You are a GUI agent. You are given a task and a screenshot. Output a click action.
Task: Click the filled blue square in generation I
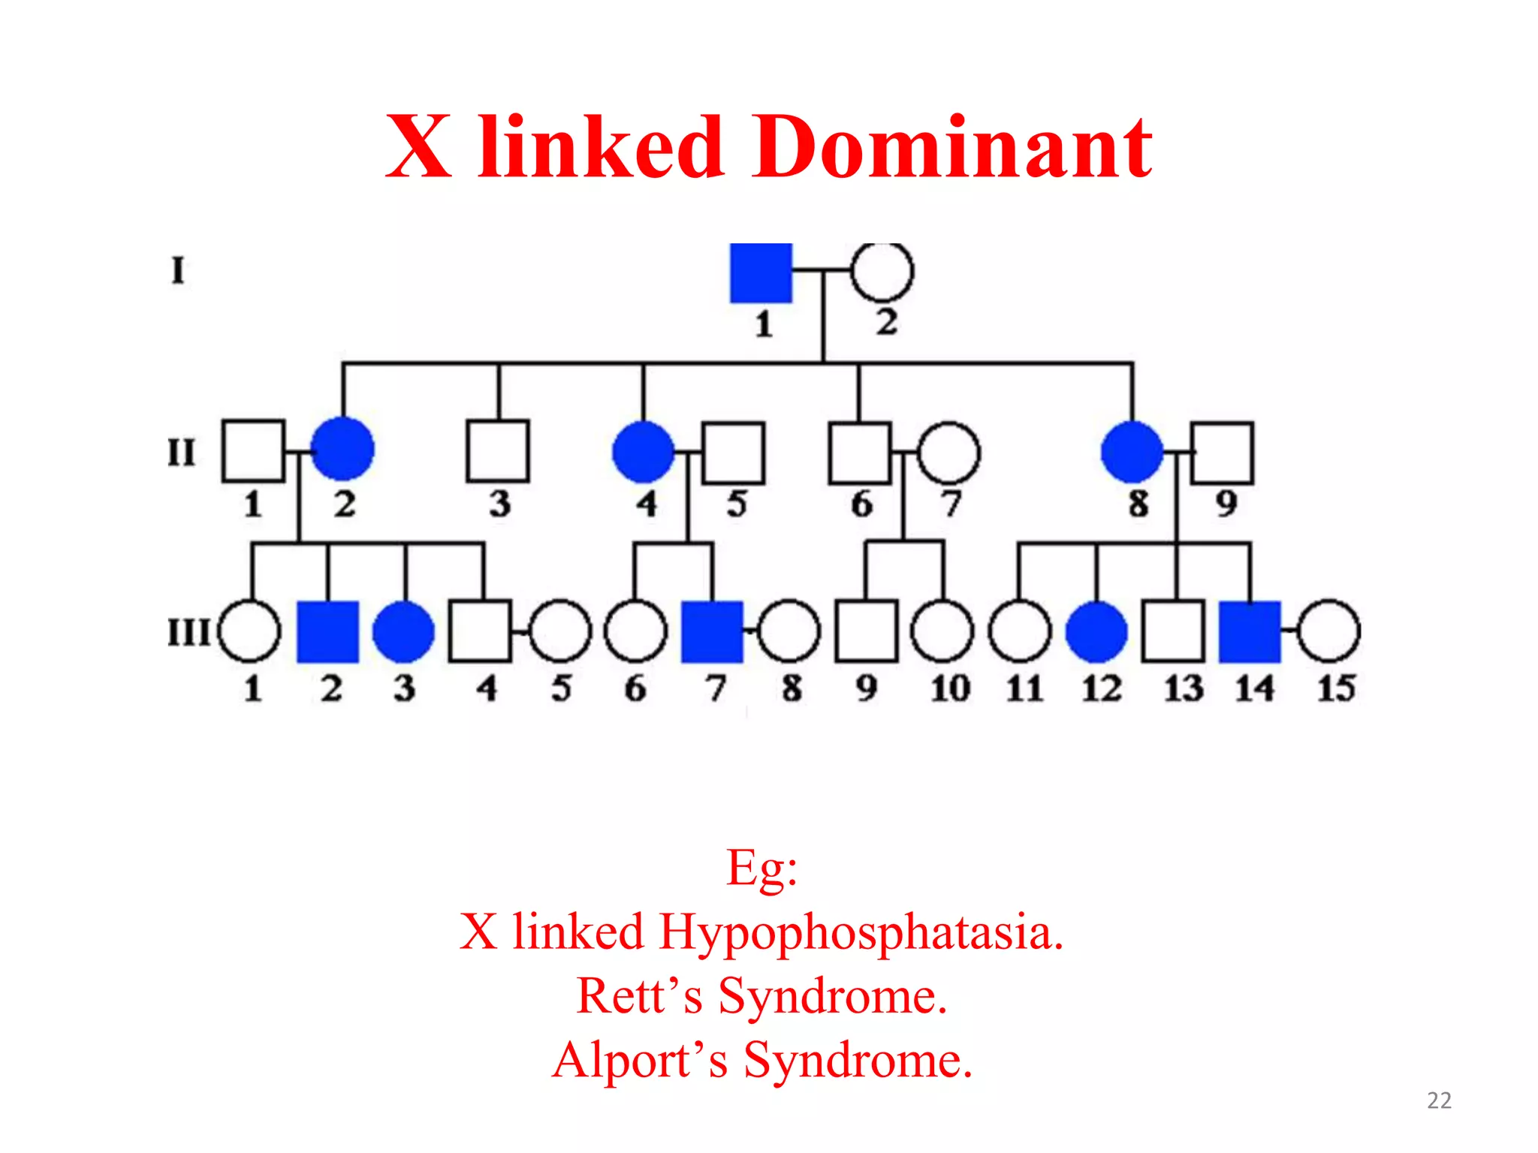coord(761,273)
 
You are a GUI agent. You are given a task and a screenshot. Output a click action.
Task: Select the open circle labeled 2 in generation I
coord(882,271)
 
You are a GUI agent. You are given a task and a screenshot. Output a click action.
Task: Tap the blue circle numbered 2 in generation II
coord(342,450)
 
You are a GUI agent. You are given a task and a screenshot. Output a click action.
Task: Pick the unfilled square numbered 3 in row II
coord(498,450)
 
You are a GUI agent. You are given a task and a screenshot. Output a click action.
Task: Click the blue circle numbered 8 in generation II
coord(1132,452)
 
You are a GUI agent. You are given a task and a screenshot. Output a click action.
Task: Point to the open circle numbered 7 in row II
coord(948,453)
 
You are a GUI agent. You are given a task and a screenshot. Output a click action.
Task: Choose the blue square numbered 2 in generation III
coord(327,632)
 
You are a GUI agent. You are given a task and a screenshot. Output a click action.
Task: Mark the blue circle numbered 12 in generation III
coord(1096,632)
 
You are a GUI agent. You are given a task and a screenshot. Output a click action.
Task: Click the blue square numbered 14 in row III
coord(1250,632)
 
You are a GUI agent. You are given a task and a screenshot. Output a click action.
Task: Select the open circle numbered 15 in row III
coord(1328,631)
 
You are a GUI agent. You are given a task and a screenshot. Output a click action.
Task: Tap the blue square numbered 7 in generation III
coord(712,632)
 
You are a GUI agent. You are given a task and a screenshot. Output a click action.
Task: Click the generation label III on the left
coord(188,632)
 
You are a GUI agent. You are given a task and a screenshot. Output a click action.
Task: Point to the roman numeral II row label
coord(181,453)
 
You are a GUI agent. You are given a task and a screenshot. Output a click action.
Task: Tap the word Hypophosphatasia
coord(861,932)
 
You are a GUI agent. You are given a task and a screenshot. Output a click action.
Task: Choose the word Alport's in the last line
coord(640,1060)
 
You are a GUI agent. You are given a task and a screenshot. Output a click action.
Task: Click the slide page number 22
coord(1439,1100)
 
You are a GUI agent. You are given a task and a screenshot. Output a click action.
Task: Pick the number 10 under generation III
coord(950,688)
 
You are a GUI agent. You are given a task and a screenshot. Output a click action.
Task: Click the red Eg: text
coord(761,869)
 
